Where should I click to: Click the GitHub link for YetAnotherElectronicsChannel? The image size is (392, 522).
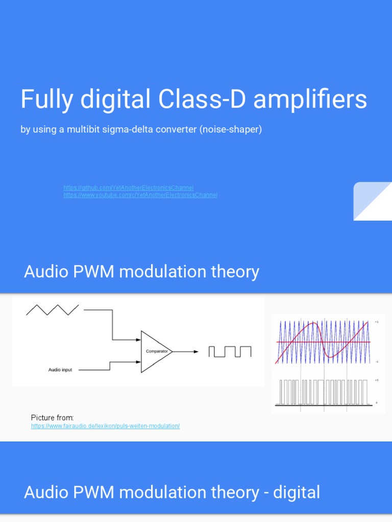pos(128,188)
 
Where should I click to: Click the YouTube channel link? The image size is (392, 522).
pos(140,195)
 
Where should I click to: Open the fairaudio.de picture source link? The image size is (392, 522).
pos(105,426)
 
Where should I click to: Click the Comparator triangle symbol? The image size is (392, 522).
pos(156,351)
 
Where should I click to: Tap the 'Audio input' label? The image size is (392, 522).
pos(60,370)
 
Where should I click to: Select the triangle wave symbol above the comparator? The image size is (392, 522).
pos(52,310)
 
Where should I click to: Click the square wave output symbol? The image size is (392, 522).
pos(230,351)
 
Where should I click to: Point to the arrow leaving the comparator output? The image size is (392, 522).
pos(186,351)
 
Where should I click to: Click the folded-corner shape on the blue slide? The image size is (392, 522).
pos(373,201)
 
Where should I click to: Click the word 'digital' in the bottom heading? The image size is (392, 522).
pos(297,492)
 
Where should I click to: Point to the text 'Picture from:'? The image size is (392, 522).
pos(52,417)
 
